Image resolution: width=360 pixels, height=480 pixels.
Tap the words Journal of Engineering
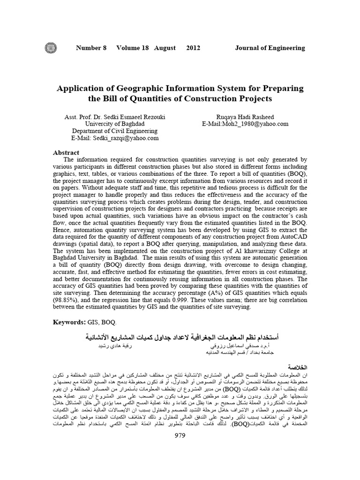point(270,48)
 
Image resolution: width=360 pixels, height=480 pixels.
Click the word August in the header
point(164,48)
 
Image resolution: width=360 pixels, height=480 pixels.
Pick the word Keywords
point(68,323)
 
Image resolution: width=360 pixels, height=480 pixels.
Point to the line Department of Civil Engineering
point(115,131)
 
